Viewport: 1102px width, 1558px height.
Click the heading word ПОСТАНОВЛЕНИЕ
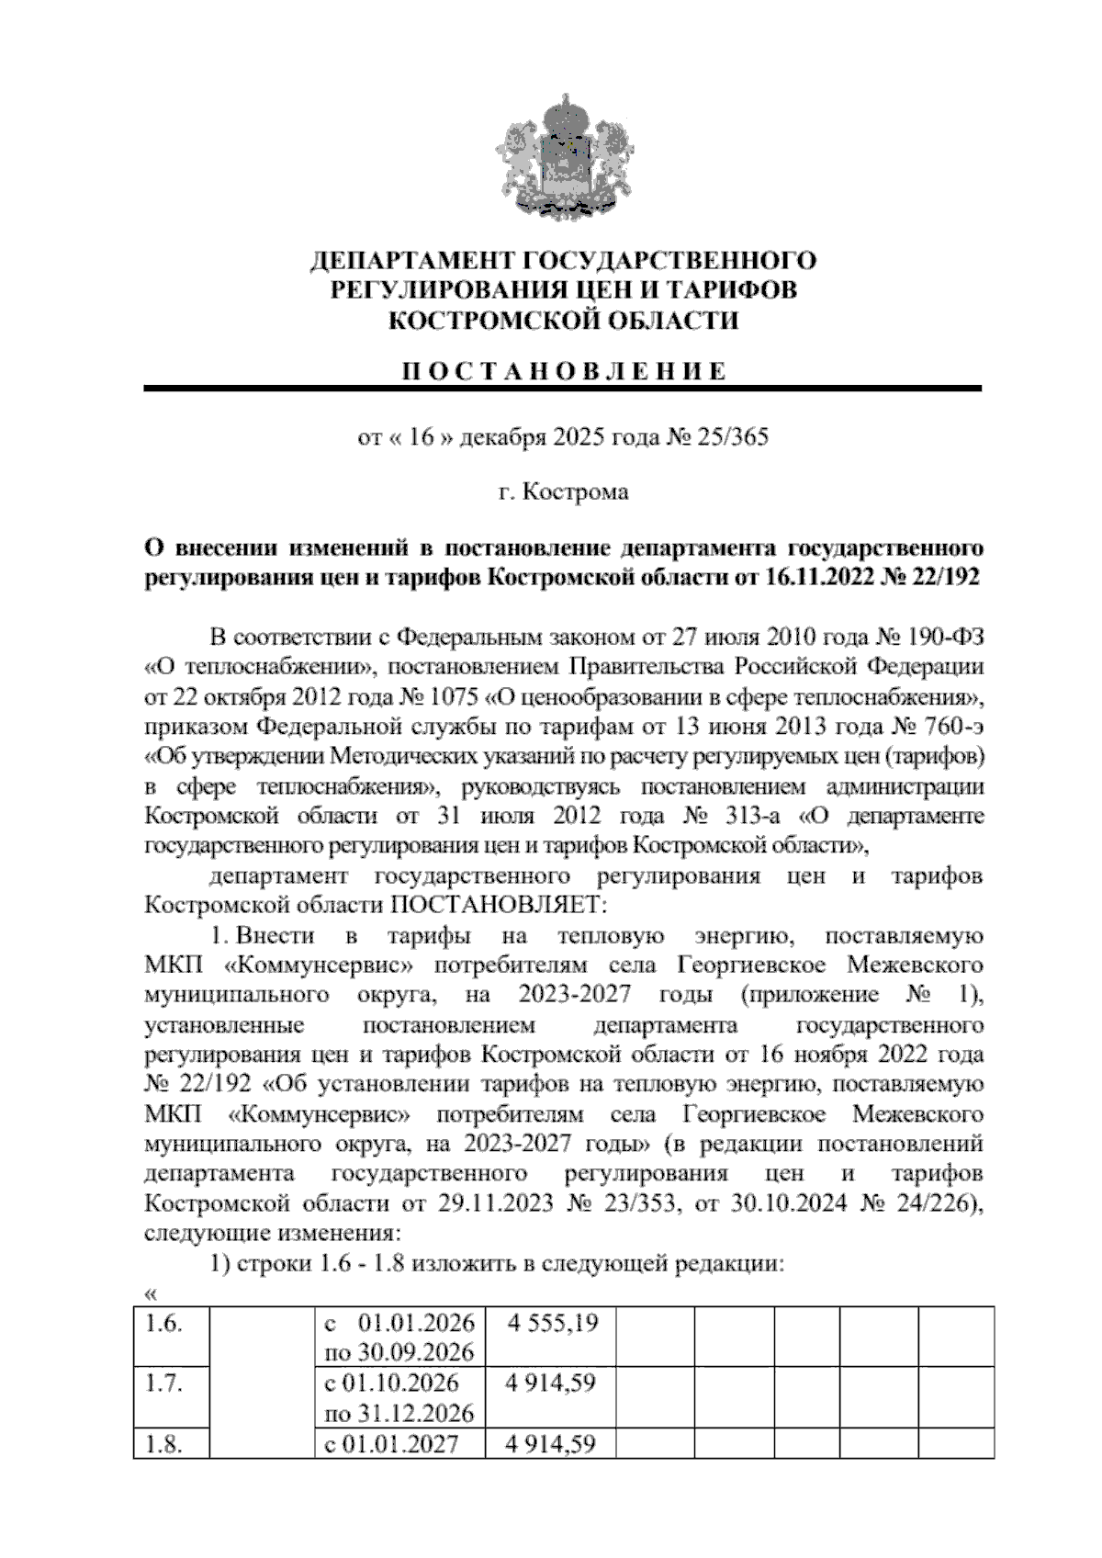[564, 371]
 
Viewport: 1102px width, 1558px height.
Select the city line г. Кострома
[563, 492]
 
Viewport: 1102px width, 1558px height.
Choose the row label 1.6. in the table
[163, 1324]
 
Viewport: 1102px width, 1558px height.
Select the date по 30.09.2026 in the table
[399, 1352]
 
